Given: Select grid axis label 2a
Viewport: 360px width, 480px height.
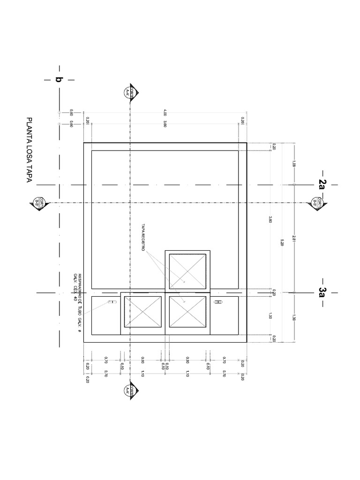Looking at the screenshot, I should coord(322,183).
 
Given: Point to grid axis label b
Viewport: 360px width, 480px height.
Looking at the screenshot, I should coord(59,80).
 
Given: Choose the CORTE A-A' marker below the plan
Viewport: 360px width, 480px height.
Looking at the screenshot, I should coord(128,391).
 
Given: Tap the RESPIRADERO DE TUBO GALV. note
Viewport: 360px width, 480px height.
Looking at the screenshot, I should coord(77,304).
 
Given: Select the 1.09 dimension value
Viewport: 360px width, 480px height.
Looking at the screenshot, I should coord(293,164).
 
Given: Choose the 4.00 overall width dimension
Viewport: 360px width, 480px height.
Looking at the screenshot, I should coord(165,112).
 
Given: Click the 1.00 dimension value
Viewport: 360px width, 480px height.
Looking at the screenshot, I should coord(270,316).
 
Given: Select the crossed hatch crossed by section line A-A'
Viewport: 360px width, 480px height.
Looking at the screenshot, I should coord(143,312).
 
